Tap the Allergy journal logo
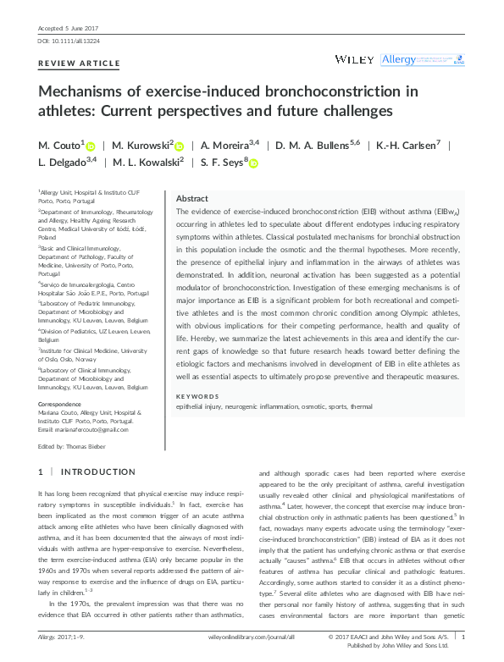[x=399, y=59]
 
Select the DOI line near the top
[x=64, y=41]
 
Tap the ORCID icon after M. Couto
[x=91, y=146]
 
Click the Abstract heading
[x=191, y=197]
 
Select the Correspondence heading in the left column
[x=60, y=405]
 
